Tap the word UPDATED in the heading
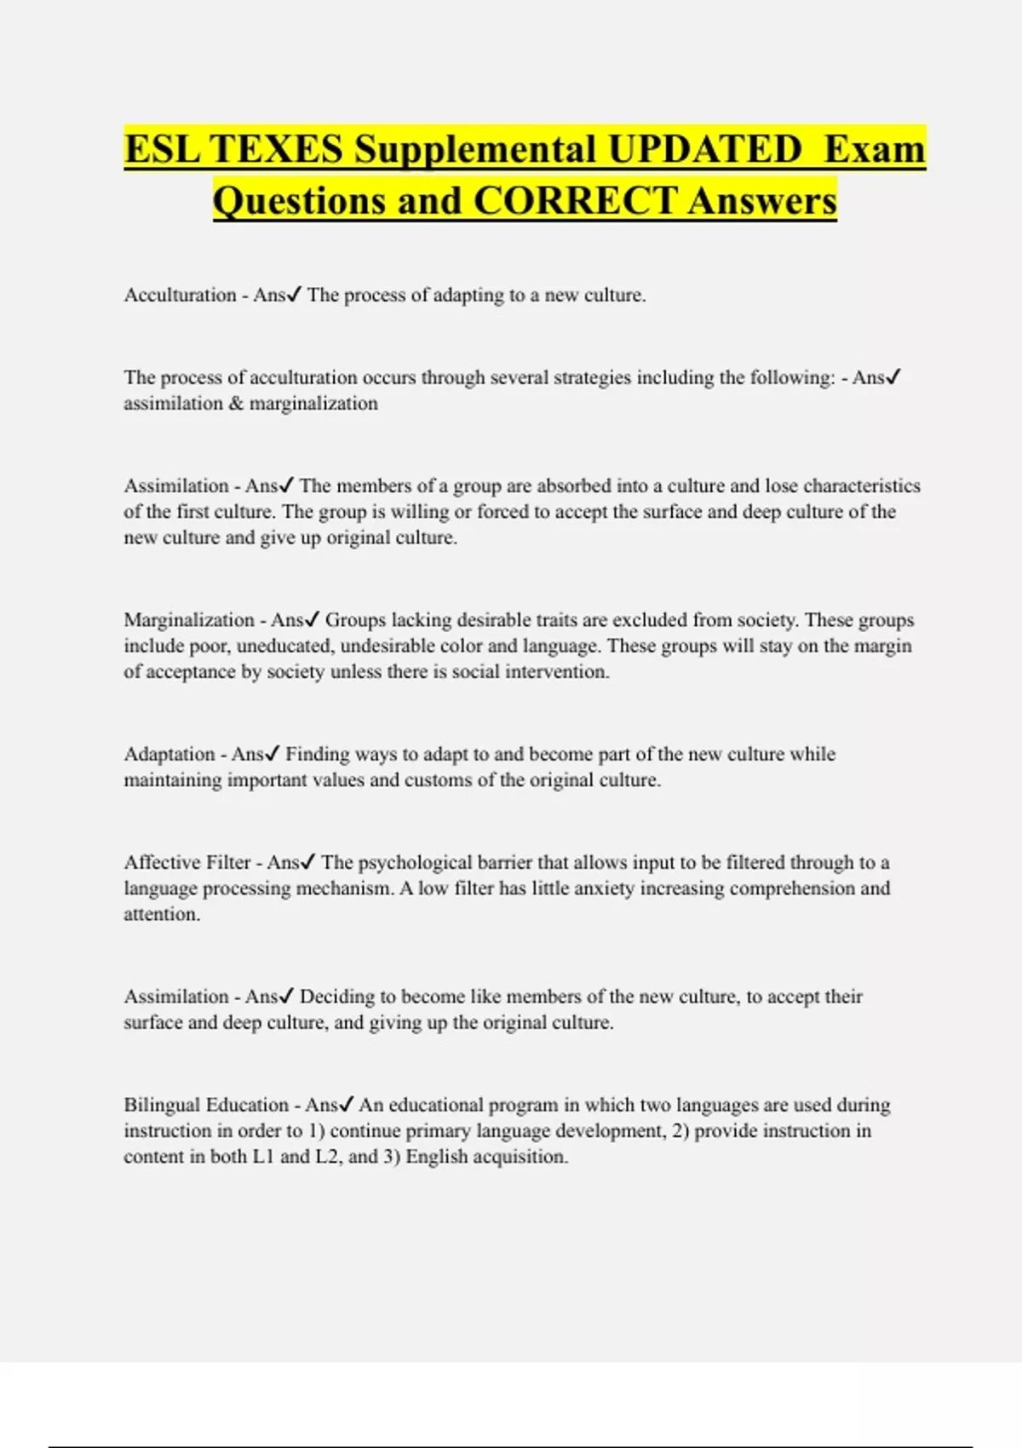(705, 150)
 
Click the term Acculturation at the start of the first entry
(180, 296)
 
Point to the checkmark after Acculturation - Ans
(294, 295)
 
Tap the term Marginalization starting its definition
(189, 620)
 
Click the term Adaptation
(169, 755)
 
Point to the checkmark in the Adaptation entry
(273, 754)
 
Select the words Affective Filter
(187, 863)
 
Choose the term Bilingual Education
(206, 1106)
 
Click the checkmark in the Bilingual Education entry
(346, 1105)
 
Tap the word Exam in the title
(875, 150)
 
